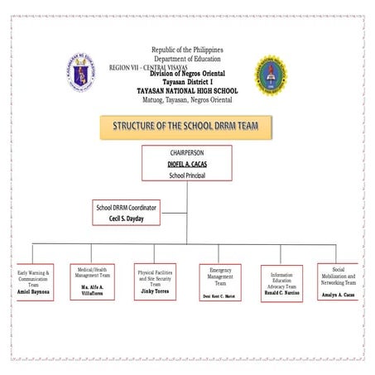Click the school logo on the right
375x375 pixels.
point(270,74)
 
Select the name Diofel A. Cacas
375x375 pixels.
point(186,164)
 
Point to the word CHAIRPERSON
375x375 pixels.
point(186,153)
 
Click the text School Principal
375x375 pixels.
point(186,175)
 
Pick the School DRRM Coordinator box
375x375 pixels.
point(127,212)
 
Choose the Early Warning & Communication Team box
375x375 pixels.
point(34,282)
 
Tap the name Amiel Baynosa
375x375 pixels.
point(34,292)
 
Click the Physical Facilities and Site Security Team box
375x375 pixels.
point(155,281)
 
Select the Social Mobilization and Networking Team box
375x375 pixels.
point(338,281)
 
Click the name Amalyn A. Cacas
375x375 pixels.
point(339,294)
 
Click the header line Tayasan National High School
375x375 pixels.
point(187,90)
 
